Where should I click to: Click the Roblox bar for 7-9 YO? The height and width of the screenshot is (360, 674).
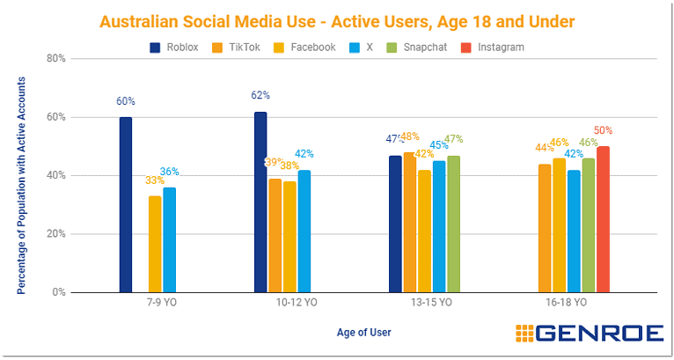126,204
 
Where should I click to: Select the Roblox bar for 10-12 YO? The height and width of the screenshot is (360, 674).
260,202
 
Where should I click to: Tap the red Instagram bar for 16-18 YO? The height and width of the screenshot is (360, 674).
603,219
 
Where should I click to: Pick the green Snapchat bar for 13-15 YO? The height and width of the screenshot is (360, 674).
454,224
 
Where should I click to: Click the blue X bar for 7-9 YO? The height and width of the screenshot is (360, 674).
169,239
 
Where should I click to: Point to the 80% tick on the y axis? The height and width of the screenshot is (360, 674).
56,59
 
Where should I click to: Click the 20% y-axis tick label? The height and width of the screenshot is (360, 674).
56,234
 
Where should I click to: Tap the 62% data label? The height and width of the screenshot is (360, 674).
260,95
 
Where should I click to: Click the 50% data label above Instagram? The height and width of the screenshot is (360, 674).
604,131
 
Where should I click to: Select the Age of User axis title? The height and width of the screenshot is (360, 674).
363,333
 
